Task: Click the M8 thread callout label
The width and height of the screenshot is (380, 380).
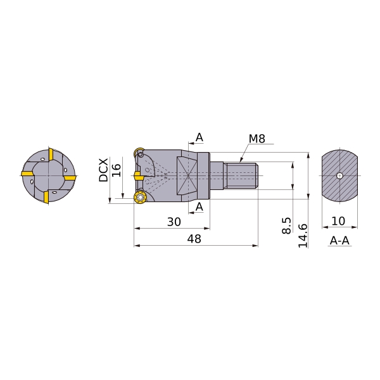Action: click(x=257, y=139)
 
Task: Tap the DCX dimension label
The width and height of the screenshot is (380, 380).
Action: click(x=104, y=170)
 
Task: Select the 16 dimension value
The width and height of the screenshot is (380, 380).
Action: click(x=117, y=170)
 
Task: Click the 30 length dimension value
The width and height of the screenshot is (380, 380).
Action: click(x=174, y=222)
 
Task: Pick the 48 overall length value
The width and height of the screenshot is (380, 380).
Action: click(x=194, y=239)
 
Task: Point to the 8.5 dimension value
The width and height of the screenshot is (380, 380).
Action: click(x=287, y=225)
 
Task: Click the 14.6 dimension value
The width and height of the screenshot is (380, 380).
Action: click(x=303, y=236)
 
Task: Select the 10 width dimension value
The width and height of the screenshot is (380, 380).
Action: click(x=339, y=221)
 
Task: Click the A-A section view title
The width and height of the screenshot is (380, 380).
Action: click(x=339, y=241)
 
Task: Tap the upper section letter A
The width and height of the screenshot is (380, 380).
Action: click(x=199, y=137)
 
